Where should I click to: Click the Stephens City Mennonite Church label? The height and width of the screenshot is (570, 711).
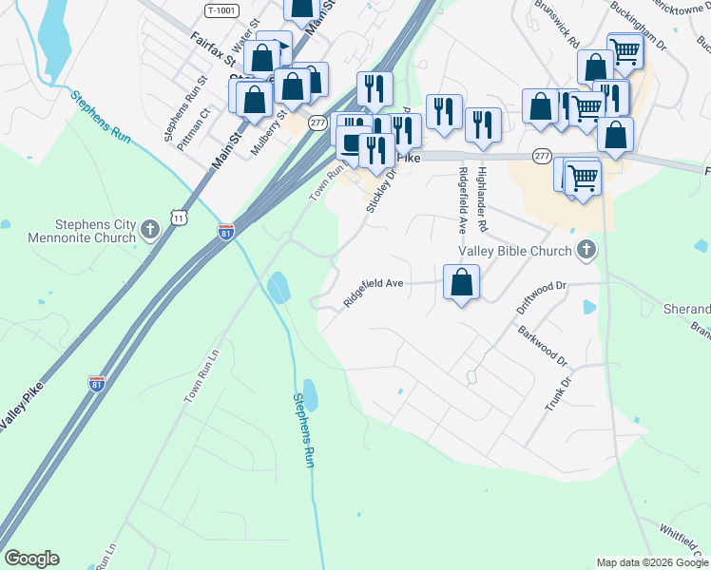[x=82, y=231]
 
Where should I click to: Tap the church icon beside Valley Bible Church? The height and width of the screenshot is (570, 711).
[x=586, y=251]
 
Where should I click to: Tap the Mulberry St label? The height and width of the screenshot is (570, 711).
[x=268, y=133]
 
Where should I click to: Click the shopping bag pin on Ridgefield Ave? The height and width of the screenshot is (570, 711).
[x=461, y=282]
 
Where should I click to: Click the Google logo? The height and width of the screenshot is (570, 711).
[x=31, y=559]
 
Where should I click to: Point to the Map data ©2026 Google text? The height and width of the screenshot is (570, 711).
[x=652, y=562]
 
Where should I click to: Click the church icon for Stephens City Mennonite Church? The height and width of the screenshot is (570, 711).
[x=149, y=230]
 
